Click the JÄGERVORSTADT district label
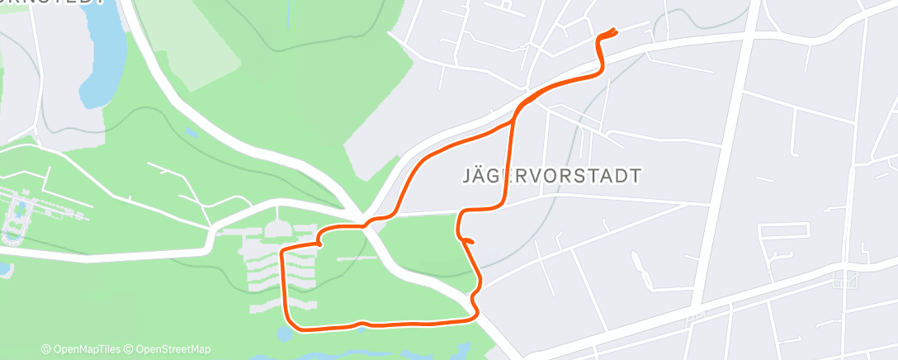click(548, 176)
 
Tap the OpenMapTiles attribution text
click(85, 349)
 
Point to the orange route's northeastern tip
click(615, 31)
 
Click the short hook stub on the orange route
click(468, 240)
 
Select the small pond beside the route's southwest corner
click(283, 333)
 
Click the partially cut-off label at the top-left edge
click(54, 3)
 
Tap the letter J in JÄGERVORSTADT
click(460, 176)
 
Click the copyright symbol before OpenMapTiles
click(46, 349)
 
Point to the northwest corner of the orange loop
click(283, 249)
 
